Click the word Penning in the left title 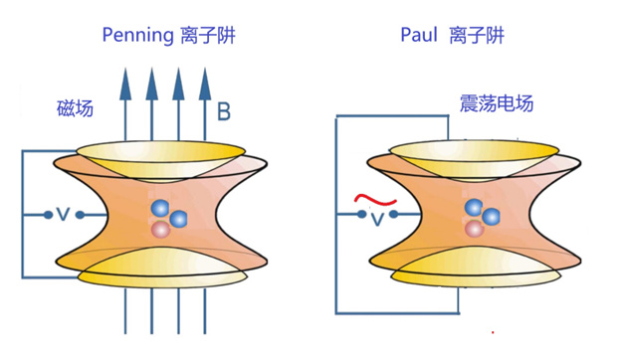click(137, 35)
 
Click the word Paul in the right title click(419, 35)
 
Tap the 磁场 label click(75, 107)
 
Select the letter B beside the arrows click(224, 111)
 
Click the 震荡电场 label click(497, 103)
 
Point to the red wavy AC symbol click(375, 200)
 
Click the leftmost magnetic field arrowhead click(125, 84)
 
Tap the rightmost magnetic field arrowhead click(205, 84)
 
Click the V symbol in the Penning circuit click(64, 215)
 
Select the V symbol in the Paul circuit click(377, 219)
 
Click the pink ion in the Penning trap click(161, 229)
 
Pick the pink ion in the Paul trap click(474, 228)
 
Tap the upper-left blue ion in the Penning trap click(160, 208)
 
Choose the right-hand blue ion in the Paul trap click(491, 217)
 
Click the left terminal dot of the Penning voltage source click(48, 215)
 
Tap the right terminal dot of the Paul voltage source click(393, 214)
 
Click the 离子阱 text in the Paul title click(477, 35)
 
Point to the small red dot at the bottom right click(493, 332)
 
